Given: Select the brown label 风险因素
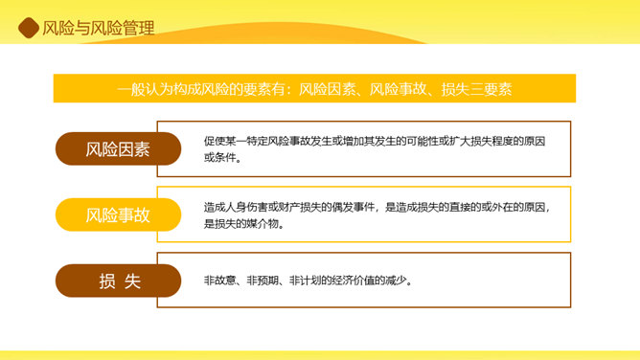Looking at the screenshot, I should pyautogui.click(x=118, y=148).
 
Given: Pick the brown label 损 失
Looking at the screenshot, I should pyautogui.click(x=118, y=281).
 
